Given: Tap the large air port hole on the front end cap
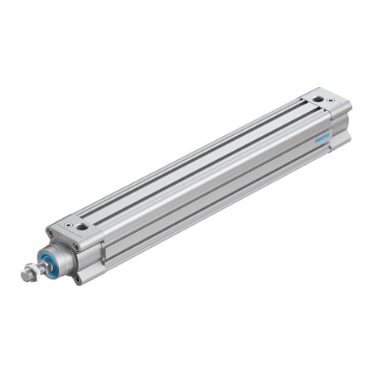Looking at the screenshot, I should pos(82,225).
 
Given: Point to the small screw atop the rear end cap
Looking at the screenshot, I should pos(331,99).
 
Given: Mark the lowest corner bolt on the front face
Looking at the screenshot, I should pos(78,279).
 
